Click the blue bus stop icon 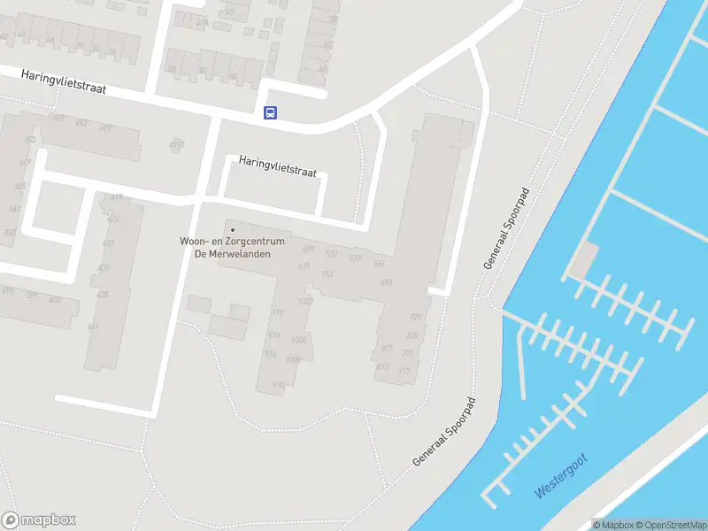[270, 112]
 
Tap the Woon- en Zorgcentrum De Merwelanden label [233, 247]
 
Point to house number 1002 [306, 302]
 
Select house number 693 [386, 282]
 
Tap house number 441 [94, 327]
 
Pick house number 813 [383, 366]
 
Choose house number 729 [415, 318]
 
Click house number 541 [380, 263]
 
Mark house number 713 [327, 274]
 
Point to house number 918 [277, 312]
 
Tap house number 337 [10, 233]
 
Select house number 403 [55, 300]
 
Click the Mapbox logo [39, 520]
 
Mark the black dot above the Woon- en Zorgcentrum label [234, 231]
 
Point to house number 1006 [299, 340]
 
